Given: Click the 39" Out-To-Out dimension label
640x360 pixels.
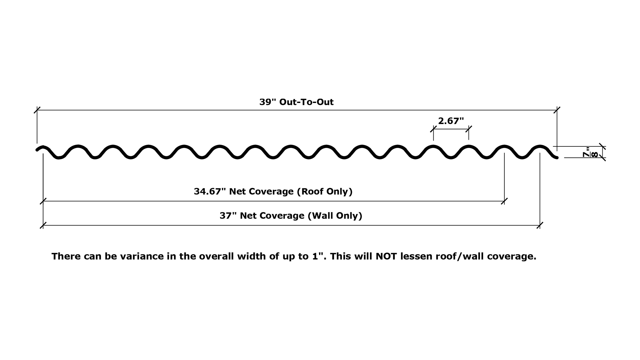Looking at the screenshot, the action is click(296, 102).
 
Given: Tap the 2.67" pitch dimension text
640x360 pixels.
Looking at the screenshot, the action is click(451, 121).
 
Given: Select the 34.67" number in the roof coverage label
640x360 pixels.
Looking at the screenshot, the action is click(210, 192).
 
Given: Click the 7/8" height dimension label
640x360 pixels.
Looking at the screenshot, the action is click(590, 152).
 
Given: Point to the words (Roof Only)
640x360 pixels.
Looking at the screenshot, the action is click(325, 192).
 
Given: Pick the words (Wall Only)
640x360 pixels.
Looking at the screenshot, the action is click(335, 216).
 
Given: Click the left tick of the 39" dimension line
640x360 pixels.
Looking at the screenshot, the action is click(37, 110).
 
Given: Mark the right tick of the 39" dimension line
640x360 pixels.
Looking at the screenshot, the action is click(557, 110).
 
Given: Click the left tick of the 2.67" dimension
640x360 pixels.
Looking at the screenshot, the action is click(433, 129).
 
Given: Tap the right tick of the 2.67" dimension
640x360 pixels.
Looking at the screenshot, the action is click(469, 129).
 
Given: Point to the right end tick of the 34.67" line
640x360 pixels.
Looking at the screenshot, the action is click(504, 201).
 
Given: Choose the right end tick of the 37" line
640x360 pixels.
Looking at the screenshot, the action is click(540, 225).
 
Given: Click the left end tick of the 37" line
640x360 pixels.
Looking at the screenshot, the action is click(43, 225).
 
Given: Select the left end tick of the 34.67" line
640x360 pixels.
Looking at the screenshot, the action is click(43, 201).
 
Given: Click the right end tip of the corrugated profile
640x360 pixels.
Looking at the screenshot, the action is click(557, 158).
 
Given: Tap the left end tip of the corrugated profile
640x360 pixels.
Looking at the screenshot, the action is click(37, 150).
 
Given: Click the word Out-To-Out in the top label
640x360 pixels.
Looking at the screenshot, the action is click(306, 102).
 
